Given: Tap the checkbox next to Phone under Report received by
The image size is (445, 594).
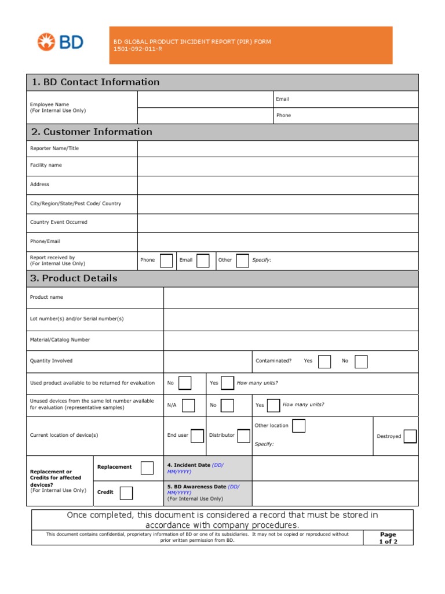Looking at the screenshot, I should tap(166, 260).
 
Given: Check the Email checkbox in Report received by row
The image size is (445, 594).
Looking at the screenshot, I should tap(203, 260).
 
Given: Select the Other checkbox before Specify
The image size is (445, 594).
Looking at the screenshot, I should tap(242, 260).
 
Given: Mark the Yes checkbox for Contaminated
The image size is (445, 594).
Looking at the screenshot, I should tap(324, 361).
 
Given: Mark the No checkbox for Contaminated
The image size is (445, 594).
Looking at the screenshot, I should tap(361, 361).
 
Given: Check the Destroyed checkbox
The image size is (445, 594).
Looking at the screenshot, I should tap(410, 436).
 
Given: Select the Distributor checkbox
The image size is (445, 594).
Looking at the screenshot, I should tap(243, 436).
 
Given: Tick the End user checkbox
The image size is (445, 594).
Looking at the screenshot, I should tap(197, 436).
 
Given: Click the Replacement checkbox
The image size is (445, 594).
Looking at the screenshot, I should tap(147, 468).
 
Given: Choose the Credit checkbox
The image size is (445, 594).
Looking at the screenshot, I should tap(126, 492).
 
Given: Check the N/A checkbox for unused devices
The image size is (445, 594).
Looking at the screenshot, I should tap(188, 405).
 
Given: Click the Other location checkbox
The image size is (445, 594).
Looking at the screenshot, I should tap(298, 426).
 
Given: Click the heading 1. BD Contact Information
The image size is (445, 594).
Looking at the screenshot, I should tap(96, 82).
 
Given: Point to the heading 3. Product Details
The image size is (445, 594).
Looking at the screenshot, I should tap(74, 278).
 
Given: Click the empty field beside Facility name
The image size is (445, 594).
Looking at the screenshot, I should tap(278, 166).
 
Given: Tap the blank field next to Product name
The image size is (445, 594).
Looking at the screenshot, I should tap(290, 298).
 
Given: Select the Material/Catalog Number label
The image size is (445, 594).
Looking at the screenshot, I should tap(60, 340).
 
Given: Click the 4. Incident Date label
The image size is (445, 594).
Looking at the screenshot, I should tap(188, 465).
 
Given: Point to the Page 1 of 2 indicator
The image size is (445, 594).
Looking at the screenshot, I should tap(388, 538).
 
